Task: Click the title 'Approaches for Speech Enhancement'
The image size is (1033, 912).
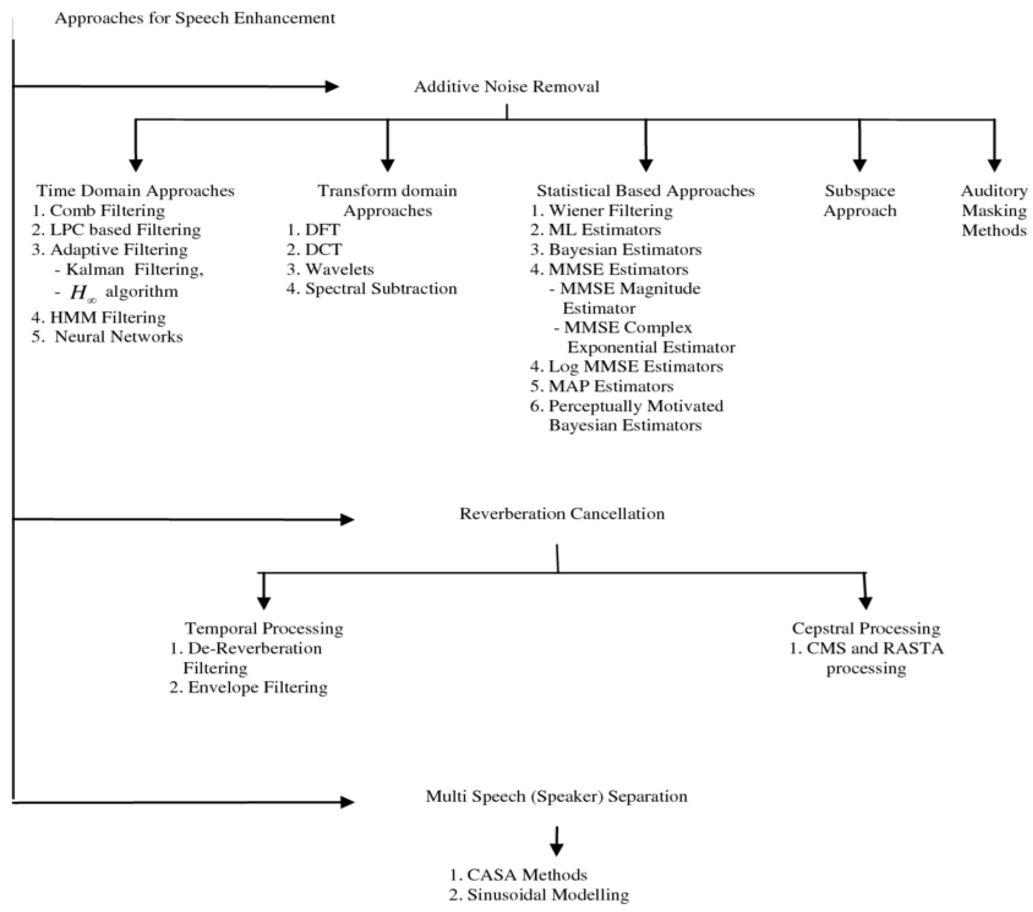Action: point(195,18)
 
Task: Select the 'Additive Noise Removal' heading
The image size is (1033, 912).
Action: point(507,87)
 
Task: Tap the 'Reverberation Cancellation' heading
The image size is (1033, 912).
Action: point(562,513)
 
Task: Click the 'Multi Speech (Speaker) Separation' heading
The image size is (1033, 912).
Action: point(556,796)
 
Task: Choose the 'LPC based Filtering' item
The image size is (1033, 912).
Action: point(125,230)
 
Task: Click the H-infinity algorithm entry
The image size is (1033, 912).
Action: point(124,292)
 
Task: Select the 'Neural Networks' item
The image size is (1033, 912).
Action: point(118,337)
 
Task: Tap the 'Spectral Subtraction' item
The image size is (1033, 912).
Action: point(380,288)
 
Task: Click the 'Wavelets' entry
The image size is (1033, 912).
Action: point(339,269)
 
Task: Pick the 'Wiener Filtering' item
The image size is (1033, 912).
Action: point(610,210)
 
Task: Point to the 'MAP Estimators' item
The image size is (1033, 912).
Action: point(611,386)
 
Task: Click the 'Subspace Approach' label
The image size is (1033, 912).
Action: point(860,201)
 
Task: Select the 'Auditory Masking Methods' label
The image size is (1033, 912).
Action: point(993,211)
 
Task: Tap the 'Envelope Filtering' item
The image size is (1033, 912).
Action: point(257,687)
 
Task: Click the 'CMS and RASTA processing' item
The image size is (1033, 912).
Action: point(866,658)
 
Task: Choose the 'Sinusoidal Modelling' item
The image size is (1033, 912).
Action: point(547,894)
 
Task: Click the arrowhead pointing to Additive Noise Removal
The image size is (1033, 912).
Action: point(331,87)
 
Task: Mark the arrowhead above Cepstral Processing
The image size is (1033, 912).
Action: point(866,602)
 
